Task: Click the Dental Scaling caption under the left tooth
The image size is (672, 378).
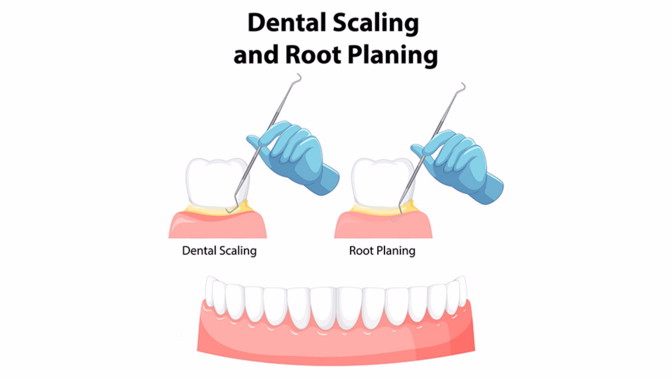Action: pos(219,251)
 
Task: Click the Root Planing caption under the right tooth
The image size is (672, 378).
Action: pos(382,251)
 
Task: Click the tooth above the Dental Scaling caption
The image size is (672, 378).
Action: pos(217,184)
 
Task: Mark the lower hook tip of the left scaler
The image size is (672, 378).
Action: pos(227,211)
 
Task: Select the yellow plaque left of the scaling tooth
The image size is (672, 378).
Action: pos(196,209)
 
